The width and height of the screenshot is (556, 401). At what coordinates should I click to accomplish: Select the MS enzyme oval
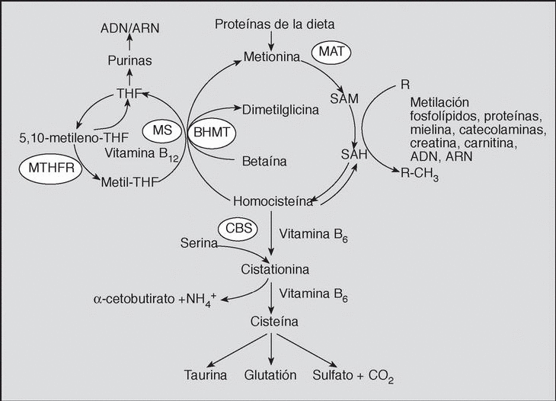(161, 129)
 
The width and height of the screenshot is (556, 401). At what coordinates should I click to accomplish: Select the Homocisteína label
(273, 201)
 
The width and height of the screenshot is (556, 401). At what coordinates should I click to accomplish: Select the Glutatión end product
(270, 376)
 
